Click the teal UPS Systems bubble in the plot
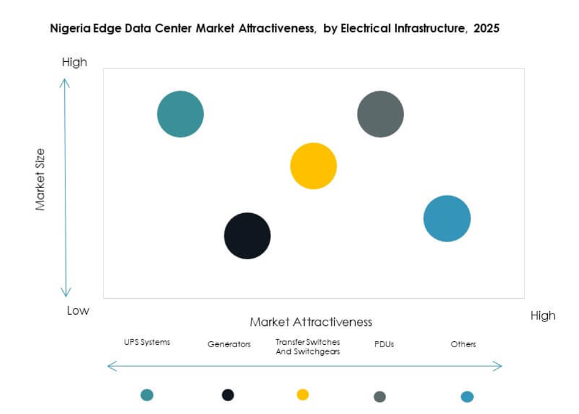coord(181,114)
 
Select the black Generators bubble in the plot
coord(247,236)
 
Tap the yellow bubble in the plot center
coord(313,166)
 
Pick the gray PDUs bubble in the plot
coord(381,114)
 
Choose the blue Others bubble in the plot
coord(447,219)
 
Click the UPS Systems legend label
coord(147,342)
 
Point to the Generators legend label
coord(229,344)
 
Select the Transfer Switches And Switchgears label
coord(307,347)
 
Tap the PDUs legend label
coord(384,344)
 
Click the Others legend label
coord(463,344)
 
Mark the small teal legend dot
coord(147,395)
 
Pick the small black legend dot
coord(228,395)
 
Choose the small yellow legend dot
coord(302,394)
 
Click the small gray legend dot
coord(379,397)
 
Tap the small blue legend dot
coord(467,397)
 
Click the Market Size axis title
coord(40,179)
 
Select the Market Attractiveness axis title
coord(311,322)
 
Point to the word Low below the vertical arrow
coord(78,310)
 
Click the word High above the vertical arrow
coord(75,62)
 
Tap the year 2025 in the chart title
coord(487,28)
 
